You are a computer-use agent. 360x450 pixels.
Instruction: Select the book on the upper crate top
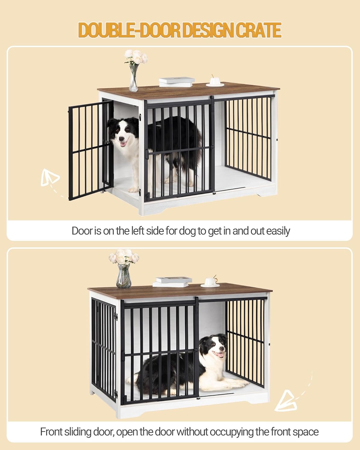(x=176, y=81)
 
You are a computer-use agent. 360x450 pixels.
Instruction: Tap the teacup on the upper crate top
(x=215, y=81)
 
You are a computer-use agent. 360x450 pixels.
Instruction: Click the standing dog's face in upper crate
(x=123, y=134)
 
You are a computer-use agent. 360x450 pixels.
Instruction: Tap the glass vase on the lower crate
(x=124, y=276)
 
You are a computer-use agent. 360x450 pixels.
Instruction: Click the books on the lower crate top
(x=172, y=281)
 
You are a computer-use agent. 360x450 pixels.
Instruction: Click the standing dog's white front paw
(x=133, y=189)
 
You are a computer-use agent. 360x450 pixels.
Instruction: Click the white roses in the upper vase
(x=136, y=57)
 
